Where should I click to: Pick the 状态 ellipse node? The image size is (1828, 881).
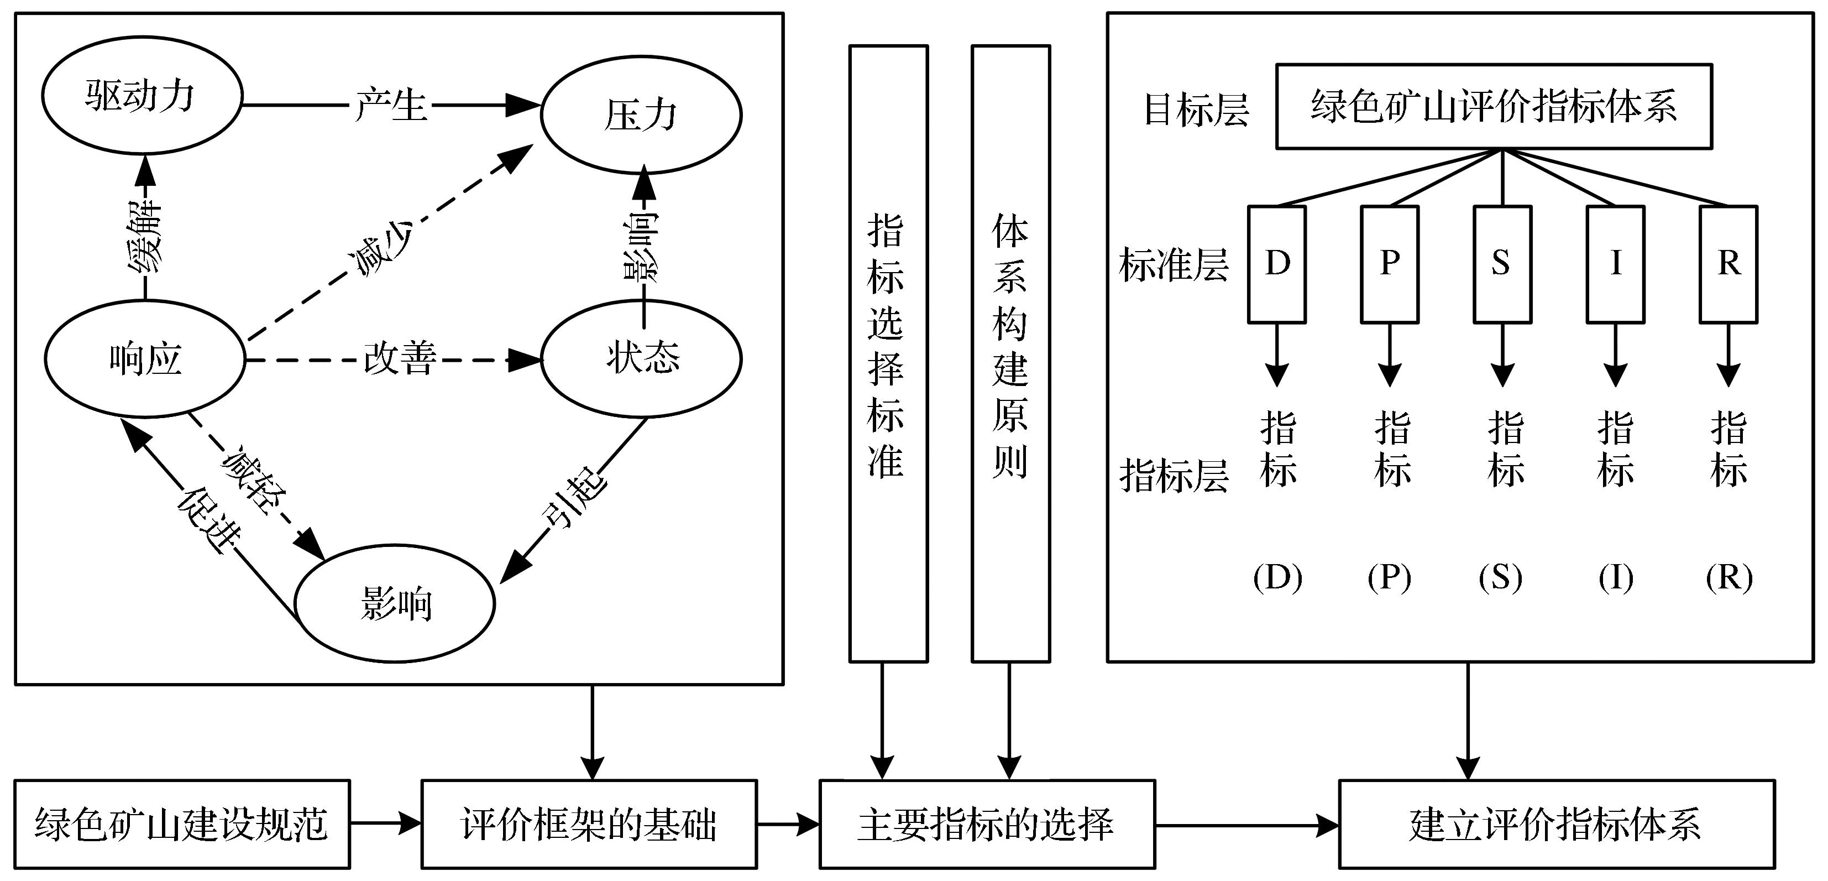(x=642, y=357)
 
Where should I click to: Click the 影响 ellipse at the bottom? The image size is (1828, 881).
(x=395, y=604)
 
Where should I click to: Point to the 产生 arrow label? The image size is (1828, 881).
(x=391, y=105)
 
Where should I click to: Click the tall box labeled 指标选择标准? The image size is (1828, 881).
(x=888, y=353)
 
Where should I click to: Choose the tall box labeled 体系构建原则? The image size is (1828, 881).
(x=1010, y=353)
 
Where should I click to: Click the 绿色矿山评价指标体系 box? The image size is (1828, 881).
(x=1494, y=107)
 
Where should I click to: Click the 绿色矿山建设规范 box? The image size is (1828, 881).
(x=182, y=823)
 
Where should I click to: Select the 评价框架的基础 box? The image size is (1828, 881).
(x=589, y=823)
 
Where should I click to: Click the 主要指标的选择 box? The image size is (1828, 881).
(x=987, y=823)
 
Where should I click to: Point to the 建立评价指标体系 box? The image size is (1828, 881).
(x=1556, y=823)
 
